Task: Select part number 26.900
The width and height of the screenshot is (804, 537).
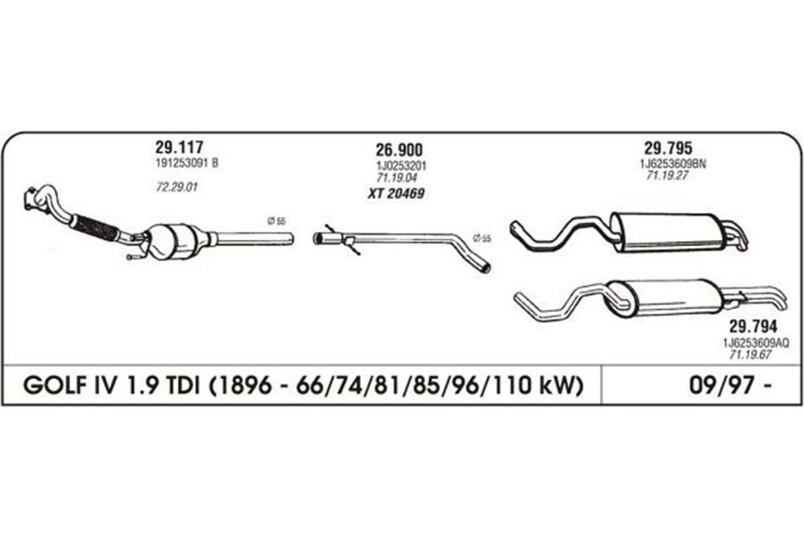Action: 399,150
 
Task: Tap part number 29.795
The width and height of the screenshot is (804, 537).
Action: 668,148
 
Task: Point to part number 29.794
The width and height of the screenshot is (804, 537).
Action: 753,326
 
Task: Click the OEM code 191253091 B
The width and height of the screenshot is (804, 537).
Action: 187,163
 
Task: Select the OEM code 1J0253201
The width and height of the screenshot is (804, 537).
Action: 401,166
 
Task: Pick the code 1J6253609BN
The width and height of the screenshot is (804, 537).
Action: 673,163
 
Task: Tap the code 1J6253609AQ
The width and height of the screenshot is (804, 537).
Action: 757,342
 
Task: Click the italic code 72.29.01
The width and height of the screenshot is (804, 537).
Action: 176,188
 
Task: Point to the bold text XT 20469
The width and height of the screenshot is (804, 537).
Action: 396,193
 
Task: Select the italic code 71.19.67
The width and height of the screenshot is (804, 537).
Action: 750,354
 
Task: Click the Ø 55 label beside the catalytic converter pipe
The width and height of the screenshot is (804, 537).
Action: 277,221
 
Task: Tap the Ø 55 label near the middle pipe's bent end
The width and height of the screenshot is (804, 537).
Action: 482,238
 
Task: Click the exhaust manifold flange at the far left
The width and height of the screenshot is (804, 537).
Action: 32,199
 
